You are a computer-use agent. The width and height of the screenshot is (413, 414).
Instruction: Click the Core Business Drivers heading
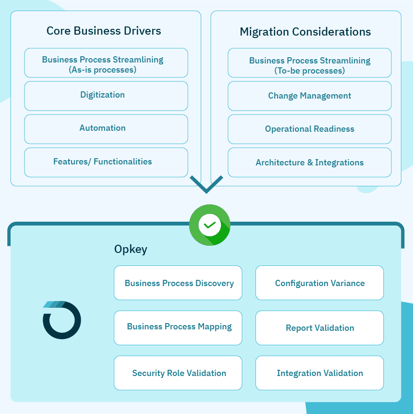point(104,31)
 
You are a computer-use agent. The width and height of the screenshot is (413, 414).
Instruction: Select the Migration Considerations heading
point(305,32)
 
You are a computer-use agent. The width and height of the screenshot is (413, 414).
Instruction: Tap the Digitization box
point(106,96)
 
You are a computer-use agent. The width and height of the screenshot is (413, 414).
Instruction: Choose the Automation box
point(106,129)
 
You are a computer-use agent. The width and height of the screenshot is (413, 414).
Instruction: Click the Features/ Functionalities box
point(106,162)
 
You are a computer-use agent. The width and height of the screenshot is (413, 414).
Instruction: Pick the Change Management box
point(309,96)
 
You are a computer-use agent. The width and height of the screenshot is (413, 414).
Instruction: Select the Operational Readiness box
point(309,129)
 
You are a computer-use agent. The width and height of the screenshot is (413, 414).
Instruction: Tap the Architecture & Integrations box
point(309,163)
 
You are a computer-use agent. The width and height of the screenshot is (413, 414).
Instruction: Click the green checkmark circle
point(210,225)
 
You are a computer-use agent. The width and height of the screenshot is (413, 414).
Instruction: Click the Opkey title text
point(131,249)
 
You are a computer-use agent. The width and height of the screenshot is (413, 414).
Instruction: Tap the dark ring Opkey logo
point(61,320)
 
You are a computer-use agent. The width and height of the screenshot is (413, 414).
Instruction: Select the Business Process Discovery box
point(178,283)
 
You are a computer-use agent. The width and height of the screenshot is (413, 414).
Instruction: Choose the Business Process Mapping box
point(178,327)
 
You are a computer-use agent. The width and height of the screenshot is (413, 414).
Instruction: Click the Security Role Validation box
point(178,373)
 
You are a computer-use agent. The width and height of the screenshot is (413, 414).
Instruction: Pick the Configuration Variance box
point(319,283)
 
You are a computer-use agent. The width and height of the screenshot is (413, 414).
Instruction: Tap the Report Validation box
point(319,328)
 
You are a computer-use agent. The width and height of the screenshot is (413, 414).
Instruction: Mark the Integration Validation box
point(319,373)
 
